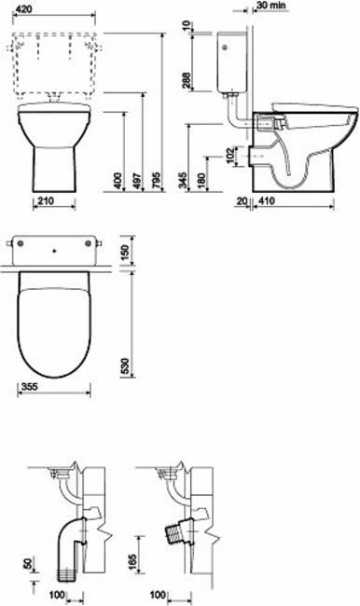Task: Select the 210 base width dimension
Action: pyautogui.click(x=46, y=200)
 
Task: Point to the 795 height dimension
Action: pyautogui.click(x=157, y=181)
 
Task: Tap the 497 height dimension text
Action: pyautogui.click(x=137, y=181)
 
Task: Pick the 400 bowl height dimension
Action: pyautogui.click(x=118, y=181)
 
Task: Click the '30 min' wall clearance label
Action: pyautogui.click(x=270, y=6)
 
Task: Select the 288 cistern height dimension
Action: pyautogui.click(x=186, y=81)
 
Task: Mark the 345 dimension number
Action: pyautogui.click(x=184, y=181)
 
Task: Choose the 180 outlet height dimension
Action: pyautogui.click(x=201, y=181)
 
